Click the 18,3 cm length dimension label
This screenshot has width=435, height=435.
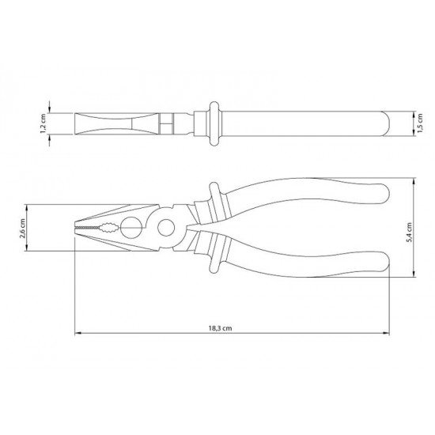[x=220, y=328]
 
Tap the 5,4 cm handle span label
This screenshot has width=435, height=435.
[x=409, y=233]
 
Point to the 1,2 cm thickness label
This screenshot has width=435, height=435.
[x=43, y=123]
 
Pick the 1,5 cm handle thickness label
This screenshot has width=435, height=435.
[x=420, y=123]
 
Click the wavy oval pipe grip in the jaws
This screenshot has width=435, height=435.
[x=110, y=228]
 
